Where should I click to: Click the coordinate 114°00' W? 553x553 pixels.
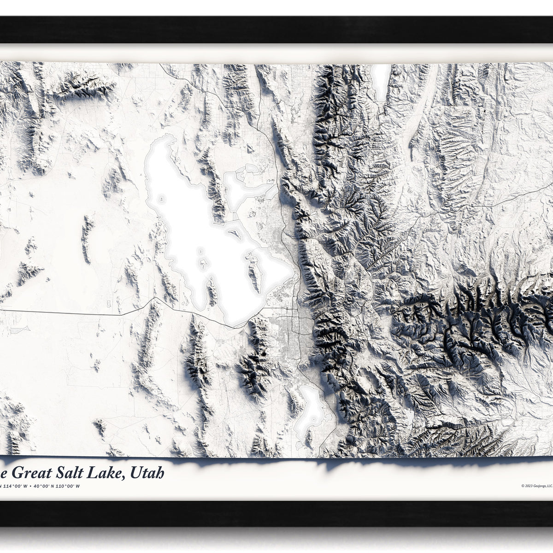click(x=14, y=486)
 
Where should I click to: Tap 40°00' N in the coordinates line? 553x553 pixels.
click(x=46, y=486)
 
